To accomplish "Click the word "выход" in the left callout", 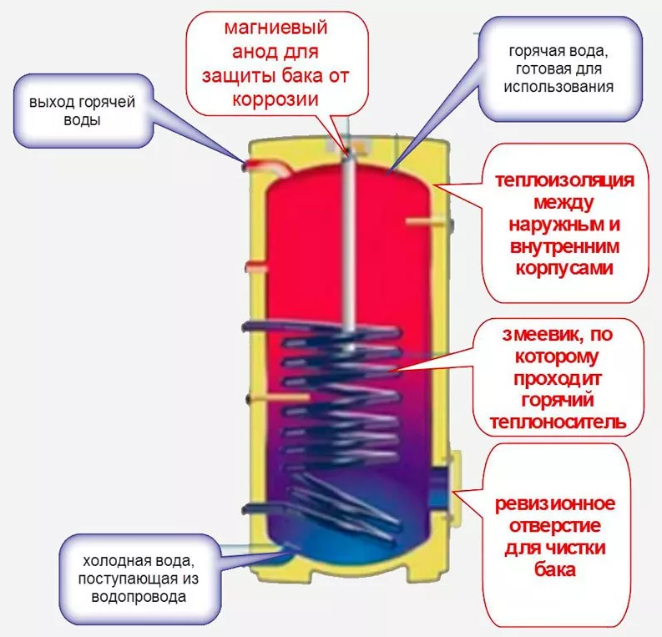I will [x=49, y=104].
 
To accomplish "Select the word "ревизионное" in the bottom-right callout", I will [x=555, y=505].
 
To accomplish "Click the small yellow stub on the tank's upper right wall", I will [x=417, y=221].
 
